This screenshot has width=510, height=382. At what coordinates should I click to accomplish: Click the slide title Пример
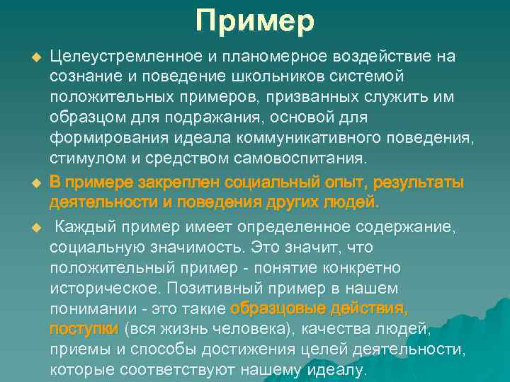(x=255, y=22)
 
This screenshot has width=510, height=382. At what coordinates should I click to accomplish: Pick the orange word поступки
(x=83, y=330)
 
